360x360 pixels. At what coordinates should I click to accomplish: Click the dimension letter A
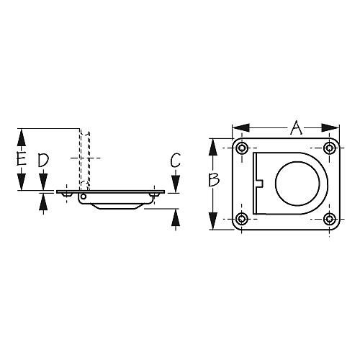(295, 130)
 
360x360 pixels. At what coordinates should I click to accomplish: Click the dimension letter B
(214, 181)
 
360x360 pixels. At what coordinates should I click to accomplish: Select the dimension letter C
(175, 161)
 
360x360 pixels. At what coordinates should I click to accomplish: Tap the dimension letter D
(43, 161)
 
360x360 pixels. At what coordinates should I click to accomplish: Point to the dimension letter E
(22, 159)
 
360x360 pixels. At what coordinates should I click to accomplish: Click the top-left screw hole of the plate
(242, 149)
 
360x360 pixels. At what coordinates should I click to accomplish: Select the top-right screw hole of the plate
(330, 149)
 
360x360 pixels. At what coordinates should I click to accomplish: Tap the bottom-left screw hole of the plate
(242, 218)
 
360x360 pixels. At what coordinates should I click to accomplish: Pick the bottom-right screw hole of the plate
(330, 218)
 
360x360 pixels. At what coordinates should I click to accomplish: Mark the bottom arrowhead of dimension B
(214, 224)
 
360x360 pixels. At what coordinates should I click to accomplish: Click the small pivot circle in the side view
(84, 196)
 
